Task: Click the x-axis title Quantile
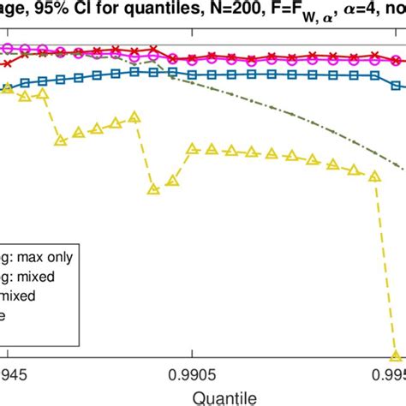tap(202, 397)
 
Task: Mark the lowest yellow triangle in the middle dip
tap(153, 188)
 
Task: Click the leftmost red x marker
tap(8, 63)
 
